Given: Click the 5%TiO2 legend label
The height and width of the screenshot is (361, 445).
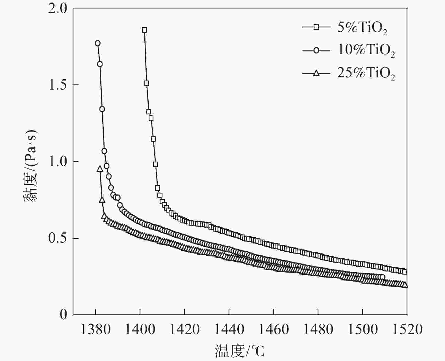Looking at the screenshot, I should point(362,28).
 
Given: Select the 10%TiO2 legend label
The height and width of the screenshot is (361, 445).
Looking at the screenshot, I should point(366,51).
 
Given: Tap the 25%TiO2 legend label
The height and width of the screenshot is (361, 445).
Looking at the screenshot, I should point(366,74).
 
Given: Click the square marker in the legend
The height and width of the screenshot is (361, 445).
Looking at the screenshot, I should point(316,27).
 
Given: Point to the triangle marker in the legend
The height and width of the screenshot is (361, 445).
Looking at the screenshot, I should point(316,73).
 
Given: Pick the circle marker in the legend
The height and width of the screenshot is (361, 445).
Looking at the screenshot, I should point(316,50).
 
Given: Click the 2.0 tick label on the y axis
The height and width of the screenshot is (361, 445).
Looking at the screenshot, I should point(58,8).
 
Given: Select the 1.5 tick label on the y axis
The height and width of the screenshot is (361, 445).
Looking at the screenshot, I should point(58,85).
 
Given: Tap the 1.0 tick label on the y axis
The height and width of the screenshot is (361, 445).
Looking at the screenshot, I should point(58,162).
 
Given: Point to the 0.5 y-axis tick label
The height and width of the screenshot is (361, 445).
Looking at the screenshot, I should point(58,238).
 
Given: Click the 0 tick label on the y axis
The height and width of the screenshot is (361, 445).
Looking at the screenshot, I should point(63,314).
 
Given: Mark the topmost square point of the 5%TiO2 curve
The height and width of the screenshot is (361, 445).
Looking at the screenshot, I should point(144,30).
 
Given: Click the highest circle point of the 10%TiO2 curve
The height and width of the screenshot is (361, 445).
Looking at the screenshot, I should point(98,43).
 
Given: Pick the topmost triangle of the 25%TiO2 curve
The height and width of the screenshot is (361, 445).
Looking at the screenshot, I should point(100,169).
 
